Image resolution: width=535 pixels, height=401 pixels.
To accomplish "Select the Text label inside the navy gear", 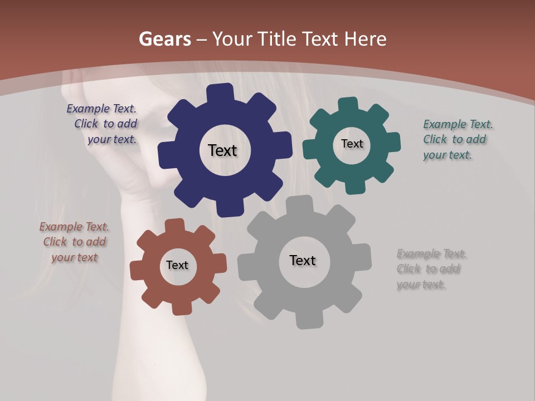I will point(222,150).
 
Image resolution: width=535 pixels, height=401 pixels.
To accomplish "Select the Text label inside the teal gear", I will point(352,144).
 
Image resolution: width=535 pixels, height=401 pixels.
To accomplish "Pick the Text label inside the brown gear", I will point(177,265).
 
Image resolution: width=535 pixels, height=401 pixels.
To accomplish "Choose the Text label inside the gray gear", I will point(303,260).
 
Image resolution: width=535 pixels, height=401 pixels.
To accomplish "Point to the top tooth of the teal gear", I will point(348,105).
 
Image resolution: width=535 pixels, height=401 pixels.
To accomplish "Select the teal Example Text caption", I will point(457,140).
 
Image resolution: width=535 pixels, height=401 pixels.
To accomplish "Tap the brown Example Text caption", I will point(74,242).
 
